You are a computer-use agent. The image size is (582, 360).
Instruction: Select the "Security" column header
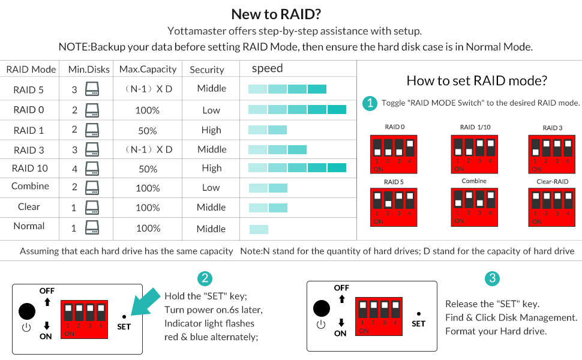tap(206, 70)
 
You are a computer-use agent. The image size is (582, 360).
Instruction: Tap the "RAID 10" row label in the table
tap(30, 169)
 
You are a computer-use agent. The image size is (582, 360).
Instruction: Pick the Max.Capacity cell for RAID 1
tap(147, 130)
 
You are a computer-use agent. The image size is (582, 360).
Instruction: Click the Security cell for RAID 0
tap(211, 110)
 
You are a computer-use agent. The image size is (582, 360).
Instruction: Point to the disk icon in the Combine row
tap(92, 188)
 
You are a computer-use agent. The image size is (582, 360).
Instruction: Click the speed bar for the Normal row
tap(259, 229)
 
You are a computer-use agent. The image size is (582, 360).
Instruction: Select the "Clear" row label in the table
tap(29, 207)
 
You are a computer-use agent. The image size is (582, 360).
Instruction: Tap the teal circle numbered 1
tap(370, 103)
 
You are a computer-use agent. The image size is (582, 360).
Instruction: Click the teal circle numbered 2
tap(205, 278)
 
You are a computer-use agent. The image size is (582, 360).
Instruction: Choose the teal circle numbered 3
tap(492, 278)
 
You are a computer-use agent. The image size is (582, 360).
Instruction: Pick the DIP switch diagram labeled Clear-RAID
tap(552, 207)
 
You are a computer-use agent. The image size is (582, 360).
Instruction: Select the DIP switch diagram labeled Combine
tap(474, 207)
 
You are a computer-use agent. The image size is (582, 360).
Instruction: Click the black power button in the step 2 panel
tap(27, 311)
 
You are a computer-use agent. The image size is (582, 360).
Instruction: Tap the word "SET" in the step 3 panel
tap(418, 323)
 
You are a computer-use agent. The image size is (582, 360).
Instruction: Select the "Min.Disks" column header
tap(89, 70)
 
